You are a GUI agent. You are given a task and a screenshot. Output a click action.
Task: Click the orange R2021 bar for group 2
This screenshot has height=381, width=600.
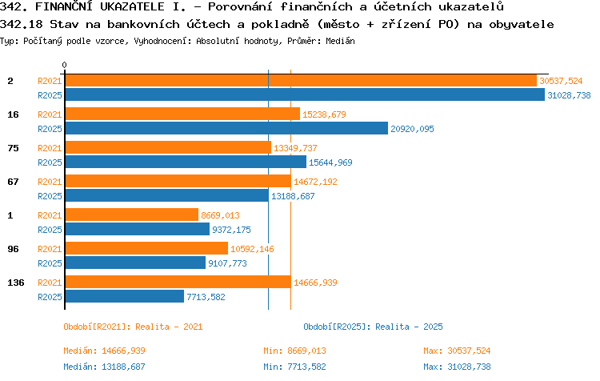click(x=301, y=81)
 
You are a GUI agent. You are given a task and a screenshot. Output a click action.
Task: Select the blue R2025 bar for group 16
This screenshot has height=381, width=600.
click(x=226, y=128)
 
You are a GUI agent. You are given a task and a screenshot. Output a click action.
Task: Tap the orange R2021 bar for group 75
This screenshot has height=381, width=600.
click(x=168, y=147)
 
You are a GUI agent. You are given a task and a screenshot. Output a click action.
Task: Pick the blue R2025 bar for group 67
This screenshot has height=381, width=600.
click(x=167, y=195)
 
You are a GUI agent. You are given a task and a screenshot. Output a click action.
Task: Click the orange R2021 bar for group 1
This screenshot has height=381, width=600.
click(x=132, y=215)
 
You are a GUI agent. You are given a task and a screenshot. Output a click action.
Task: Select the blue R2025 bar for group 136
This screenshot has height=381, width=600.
click(x=124, y=296)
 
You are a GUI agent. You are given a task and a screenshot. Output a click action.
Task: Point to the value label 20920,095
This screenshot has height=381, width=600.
click(x=412, y=129)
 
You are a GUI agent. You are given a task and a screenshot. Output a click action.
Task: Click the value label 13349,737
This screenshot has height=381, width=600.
click(x=295, y=148)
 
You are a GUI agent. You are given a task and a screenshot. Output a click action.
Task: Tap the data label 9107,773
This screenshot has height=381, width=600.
click(x=227, y=263)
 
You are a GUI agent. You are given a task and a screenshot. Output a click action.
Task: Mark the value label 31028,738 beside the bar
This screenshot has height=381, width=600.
click(x=569, y=95)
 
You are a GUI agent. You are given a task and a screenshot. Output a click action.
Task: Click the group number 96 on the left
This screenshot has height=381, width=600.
click(x=13, y=249)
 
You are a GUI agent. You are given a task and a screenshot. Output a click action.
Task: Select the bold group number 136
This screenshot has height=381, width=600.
click(x=16, y=283)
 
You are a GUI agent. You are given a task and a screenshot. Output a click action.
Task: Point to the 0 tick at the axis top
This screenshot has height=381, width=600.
click(x=64, y=65)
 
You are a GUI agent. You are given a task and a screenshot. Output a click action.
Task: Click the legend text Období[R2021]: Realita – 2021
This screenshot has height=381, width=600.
click(x=133, y=327)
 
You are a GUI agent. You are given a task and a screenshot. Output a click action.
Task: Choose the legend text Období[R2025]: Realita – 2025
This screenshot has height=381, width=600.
click(x=373, y=327)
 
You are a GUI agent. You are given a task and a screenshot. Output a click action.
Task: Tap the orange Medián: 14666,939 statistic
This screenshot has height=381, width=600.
click(x=104, y=351)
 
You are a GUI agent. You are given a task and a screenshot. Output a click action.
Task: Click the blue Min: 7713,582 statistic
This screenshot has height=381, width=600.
click(x=294, y=367)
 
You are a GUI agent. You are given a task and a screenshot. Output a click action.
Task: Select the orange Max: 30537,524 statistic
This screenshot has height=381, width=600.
click(x=457, y=351)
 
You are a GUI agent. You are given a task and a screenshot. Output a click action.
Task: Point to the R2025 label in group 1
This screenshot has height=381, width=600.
click(x=50, y=230)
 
